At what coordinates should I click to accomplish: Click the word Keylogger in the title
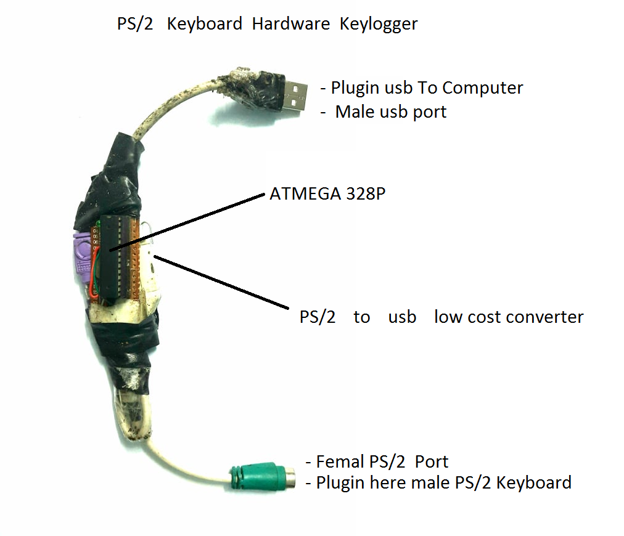[379, 25]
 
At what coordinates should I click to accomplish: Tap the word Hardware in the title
[291, 25]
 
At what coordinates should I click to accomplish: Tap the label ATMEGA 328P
[322, 194]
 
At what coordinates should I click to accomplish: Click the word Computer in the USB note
[483, 87]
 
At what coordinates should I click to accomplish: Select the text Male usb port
[391, 112]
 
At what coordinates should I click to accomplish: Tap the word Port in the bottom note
[432, 461]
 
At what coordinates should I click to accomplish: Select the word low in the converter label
[447, 317]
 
